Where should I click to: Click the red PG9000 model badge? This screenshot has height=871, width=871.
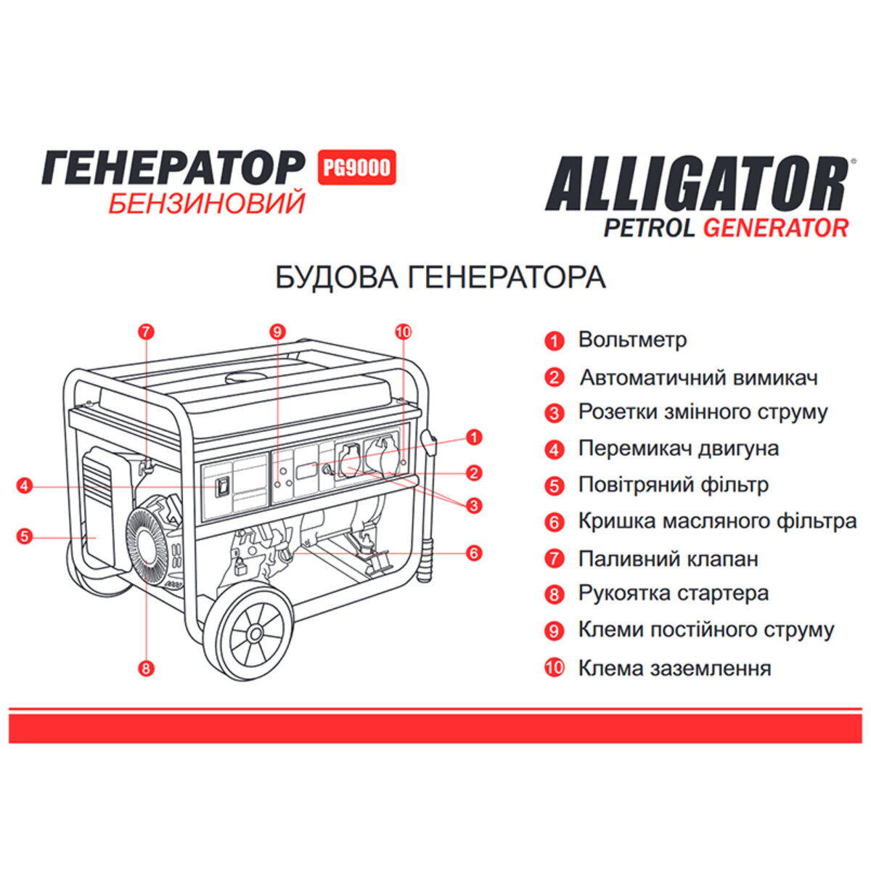(356, 168)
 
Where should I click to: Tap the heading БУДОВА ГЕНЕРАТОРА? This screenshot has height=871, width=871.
(440, 277)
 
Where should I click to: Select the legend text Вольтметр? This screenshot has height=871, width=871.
(632, 340)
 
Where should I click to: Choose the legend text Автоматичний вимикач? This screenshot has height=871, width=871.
(698, 377)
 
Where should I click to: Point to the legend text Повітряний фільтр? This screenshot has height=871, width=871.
(673, 484)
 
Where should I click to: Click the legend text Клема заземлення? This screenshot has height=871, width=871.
(674, 668)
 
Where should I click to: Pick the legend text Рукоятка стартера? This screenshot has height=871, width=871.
(673, 593)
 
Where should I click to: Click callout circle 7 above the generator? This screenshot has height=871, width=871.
(146, 332)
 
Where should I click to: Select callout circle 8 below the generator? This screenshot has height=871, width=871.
(147, 668)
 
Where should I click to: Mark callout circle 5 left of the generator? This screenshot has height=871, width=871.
(25, 537)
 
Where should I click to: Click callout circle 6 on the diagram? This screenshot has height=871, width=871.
(474, 553)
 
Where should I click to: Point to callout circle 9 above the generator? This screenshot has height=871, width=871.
(277, 332)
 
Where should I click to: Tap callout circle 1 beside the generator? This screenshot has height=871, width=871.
(474, 437)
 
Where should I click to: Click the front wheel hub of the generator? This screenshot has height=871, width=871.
(254, 634)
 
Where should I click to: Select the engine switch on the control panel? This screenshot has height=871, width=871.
(223, 486)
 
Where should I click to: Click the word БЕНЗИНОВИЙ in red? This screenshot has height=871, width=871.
(206, 204)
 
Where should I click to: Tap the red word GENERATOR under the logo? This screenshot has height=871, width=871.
(775, 227)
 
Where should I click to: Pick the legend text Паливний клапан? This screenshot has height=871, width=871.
(668, 559)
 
